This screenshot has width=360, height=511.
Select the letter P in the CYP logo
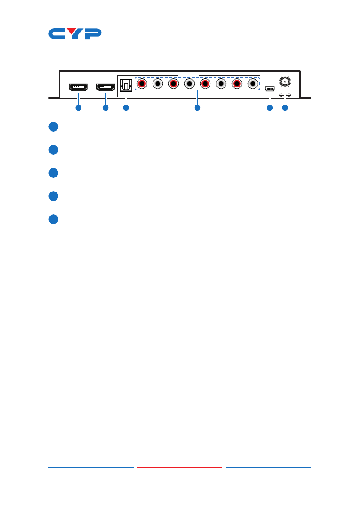[92, 34]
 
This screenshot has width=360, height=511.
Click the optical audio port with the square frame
[126, 84]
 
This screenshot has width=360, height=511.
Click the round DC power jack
[285, 81]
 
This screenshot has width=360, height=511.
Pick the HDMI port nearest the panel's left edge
[78, 87]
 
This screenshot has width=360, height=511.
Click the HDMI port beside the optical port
[105, 87]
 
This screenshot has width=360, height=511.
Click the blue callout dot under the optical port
[126, 108]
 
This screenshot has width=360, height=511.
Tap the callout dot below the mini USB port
[270, 108]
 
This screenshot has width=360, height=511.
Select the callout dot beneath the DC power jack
[285, 108]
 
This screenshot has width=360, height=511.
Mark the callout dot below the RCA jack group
[197, 108]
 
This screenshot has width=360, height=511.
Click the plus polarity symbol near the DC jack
[289, 95]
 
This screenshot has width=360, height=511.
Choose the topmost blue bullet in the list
[53, 127]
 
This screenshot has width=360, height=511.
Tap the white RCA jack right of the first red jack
[157, 84]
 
